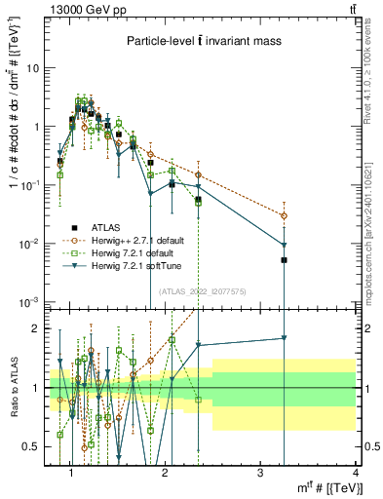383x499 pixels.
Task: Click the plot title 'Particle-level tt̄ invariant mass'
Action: tap(205, 41)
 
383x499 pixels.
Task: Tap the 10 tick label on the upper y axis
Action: tap(33, 68)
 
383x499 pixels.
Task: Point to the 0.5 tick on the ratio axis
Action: tap(32, 446)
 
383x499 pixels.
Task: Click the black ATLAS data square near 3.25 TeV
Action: tap(284, 260)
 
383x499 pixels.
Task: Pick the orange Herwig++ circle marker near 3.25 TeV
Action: tap(284, 215)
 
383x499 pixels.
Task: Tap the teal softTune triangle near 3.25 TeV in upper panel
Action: tap(284, 245)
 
